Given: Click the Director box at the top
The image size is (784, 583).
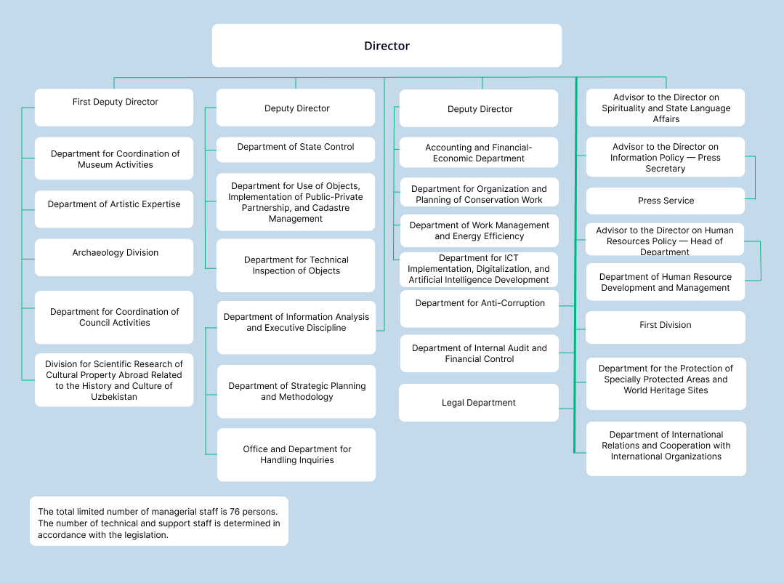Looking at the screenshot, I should tap(387, 46).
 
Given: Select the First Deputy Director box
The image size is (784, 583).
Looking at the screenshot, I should tap(115, 102).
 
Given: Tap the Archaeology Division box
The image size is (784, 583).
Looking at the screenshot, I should tap(115, 254).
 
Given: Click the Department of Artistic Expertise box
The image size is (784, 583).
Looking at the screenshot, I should tap(114, 205).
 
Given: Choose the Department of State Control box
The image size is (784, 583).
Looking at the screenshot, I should tap(296, 148).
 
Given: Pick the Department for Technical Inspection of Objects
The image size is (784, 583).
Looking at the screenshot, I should tap(296, 265).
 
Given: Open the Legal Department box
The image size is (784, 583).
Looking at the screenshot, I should tap(479, 403).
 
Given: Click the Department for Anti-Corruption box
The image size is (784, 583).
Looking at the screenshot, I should tap(480, 304).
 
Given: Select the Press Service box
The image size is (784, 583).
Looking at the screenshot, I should tap(666, 201).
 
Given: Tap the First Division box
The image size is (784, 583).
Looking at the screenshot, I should tap(666, 326).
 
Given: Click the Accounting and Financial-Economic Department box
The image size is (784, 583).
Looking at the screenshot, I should tap(479, 153).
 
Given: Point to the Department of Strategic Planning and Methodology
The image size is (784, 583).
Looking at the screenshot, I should tap(296, 391).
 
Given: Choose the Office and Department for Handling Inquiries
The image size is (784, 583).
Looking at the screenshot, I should tap(296, 454).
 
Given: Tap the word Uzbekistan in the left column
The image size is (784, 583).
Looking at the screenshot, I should tap(114, 397).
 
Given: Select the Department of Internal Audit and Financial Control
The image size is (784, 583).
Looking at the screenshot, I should tap(479, 353).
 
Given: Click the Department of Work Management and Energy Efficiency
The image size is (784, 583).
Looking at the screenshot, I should tap(479, 230).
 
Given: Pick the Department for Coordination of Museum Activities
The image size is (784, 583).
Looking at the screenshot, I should tap(115, 159).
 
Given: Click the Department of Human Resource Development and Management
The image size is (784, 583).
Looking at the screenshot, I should tap(666, 282).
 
